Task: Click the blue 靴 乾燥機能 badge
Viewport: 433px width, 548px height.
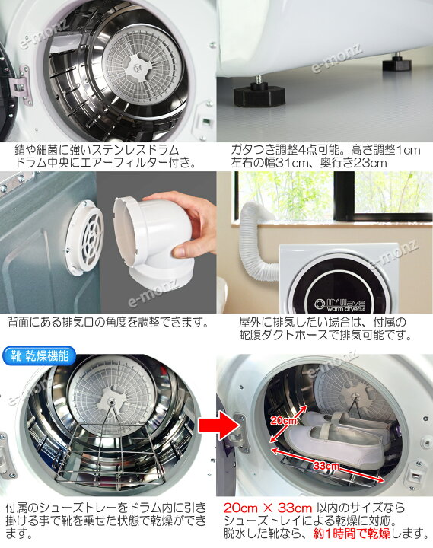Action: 39,355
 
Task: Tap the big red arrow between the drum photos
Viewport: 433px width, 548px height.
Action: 213,425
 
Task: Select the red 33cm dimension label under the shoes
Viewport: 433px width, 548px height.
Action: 326,466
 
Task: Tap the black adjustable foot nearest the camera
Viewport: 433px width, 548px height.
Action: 259,93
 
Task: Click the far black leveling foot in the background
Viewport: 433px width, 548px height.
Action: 396,63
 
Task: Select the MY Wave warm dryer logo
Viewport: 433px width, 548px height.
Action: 339,304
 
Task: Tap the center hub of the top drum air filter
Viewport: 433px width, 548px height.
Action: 139,65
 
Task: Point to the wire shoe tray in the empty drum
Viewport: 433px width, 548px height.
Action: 111,454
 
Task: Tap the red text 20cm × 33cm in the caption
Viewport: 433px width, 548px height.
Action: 267,508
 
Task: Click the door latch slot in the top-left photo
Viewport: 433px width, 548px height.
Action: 205,123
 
